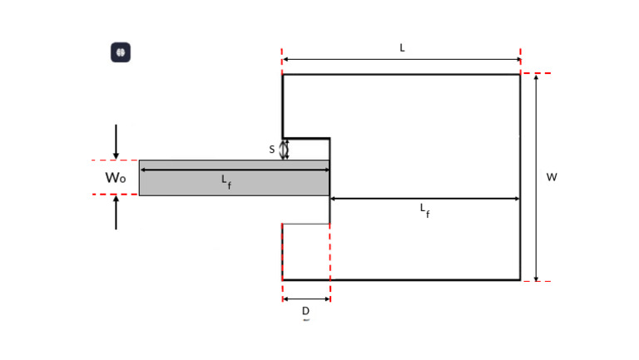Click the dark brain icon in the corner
tap(121, 52)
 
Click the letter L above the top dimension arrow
tap(402, 48)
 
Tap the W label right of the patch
tap(551, 177)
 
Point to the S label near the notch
tap(272, 150)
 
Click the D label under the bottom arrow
tap(305, 311)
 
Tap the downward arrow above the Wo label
tap(116, 141)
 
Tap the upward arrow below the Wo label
tap(116, 212)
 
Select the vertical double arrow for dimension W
tap(536, 177)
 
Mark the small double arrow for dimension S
tap(285, 149)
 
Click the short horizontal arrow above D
tap(306, 298)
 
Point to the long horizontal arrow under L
tap(401, 59)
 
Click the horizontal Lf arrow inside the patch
tap(424, 199)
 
